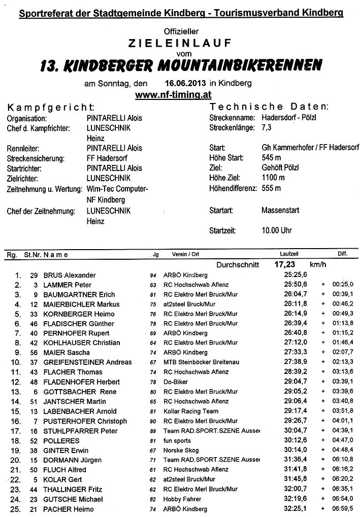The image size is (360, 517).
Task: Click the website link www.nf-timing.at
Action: coord(173,94)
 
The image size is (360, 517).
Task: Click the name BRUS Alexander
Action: coord(70,275)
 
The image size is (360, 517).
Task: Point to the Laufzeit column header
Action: coord(289,254)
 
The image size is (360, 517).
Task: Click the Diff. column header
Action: coord(342,254)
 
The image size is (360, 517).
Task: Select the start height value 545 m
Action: coord(272,158)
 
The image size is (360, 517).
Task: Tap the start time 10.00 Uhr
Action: coord(277,230)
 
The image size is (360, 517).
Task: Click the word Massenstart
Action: coord(280,210)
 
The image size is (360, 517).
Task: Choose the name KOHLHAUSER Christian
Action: coord(82,342)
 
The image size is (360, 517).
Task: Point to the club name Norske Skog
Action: coord(181,450)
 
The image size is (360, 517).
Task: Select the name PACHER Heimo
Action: coord(69,509)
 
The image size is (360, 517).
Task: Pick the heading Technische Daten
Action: coord(269,107)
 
